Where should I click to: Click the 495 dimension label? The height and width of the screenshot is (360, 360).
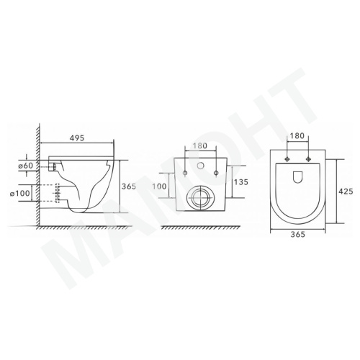pos(77,138)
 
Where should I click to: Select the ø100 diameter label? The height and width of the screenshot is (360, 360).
pos(20,193)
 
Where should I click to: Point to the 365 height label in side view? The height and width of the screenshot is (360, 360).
pos(129,186)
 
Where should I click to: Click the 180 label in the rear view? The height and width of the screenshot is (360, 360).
pos(199,145)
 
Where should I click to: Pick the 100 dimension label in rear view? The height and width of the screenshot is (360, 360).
pos(159,186)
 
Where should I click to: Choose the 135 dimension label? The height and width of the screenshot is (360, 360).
pos(241,182)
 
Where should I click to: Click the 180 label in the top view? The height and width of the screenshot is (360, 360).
pos(297,136)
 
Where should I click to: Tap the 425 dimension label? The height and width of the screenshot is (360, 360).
pos(346,192)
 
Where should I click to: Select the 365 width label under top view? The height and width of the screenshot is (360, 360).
pos(297,234)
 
